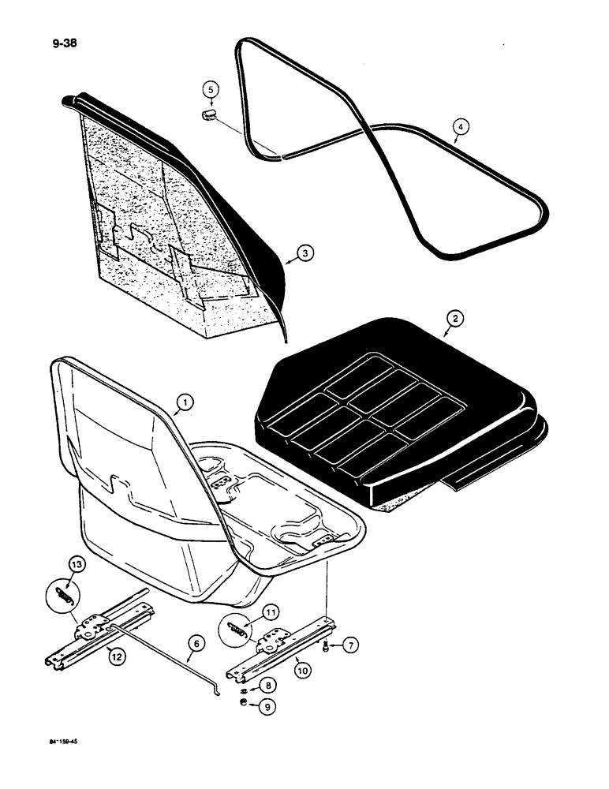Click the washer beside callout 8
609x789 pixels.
(248, 685)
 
